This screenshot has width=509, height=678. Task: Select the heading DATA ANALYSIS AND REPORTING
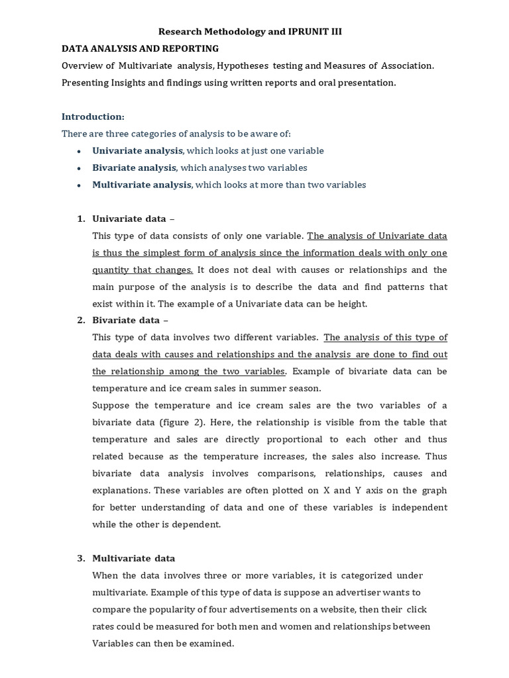point(140,48)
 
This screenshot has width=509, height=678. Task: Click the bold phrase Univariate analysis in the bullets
point(137,151)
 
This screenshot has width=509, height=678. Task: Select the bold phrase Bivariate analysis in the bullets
point(134,168)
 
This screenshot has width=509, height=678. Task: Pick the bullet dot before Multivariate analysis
point(79,185)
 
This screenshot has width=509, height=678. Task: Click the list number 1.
point(80,219)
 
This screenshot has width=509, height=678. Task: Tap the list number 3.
point(80,558)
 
